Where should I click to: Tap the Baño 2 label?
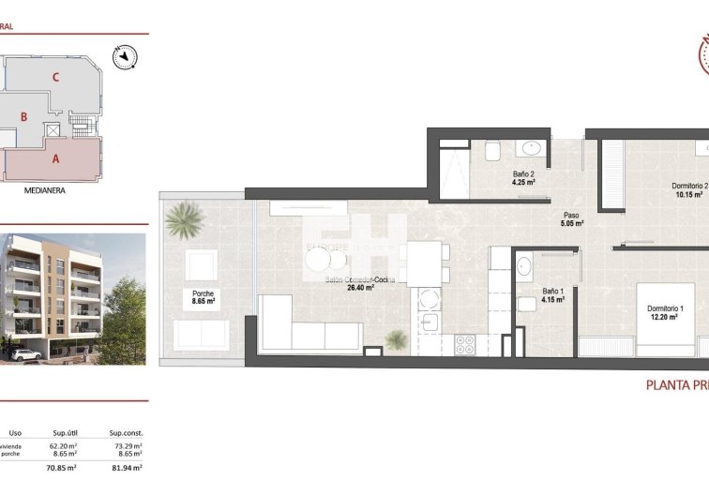523,174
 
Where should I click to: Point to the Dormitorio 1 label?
665,309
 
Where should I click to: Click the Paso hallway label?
571,216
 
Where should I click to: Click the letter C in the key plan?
57,78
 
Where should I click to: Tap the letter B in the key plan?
24,117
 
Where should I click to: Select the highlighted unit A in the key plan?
55,158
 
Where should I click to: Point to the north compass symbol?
123,58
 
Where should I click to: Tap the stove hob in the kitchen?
464,344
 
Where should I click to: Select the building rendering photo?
73,298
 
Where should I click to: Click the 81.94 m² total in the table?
125,467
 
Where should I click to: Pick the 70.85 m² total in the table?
60,467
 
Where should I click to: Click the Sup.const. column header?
124,432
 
